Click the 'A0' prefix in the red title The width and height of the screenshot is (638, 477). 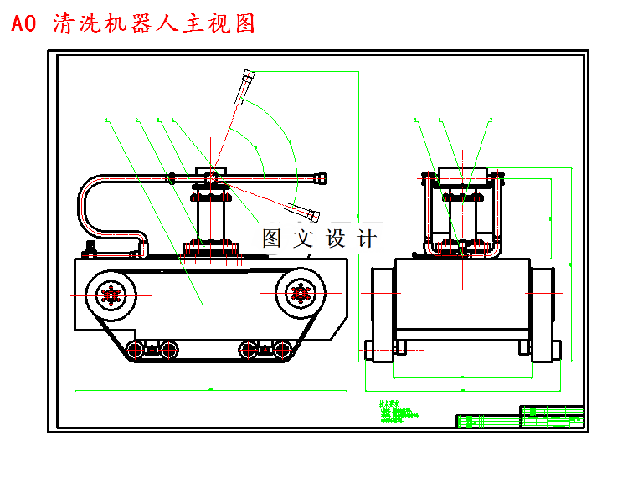(24, 24)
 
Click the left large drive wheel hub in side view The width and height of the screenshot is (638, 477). (110, 294)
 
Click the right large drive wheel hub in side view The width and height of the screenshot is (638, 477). (300, 293)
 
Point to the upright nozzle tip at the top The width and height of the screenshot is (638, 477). (247, 81)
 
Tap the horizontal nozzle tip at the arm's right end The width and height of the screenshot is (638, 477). (319, 177)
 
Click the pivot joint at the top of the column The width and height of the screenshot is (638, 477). (213, 176)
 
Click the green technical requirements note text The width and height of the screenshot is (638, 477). (399, 411)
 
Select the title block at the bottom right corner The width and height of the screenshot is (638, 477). (520, 417)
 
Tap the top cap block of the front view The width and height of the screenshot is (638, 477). (462, 176)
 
